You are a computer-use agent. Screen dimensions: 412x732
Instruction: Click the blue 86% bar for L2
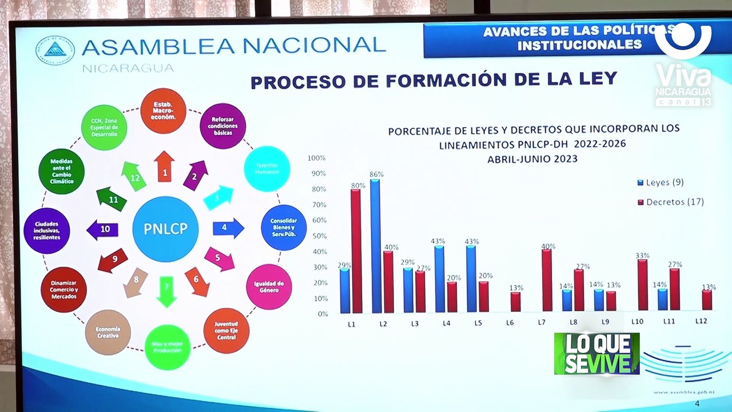coord(375,246)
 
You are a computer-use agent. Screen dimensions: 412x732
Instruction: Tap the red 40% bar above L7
coord(547,281)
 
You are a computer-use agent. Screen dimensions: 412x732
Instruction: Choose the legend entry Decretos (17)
coord(670,202)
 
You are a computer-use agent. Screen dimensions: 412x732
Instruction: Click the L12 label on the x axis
coord(701,322)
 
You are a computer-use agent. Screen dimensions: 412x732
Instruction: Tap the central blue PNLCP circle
coord(165,229)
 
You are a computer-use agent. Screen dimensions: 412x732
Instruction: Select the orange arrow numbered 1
coord(165,168)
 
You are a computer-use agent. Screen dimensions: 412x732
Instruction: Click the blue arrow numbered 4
coord(228,228)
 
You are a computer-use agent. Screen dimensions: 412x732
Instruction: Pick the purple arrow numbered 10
coord(102,229)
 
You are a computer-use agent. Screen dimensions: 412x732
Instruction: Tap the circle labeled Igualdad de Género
coord(269,287)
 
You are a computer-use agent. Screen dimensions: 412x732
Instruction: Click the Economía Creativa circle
coord(108,332)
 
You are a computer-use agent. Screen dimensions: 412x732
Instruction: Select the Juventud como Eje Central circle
coord(226,331)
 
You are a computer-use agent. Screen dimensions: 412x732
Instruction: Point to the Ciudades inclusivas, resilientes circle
coord(47,231)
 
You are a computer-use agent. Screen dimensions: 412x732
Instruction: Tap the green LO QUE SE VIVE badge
coord(596,354)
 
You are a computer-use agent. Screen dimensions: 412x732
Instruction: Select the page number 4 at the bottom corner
coord(697,404)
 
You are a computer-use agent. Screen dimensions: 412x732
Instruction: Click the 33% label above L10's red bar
coord(642,256)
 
